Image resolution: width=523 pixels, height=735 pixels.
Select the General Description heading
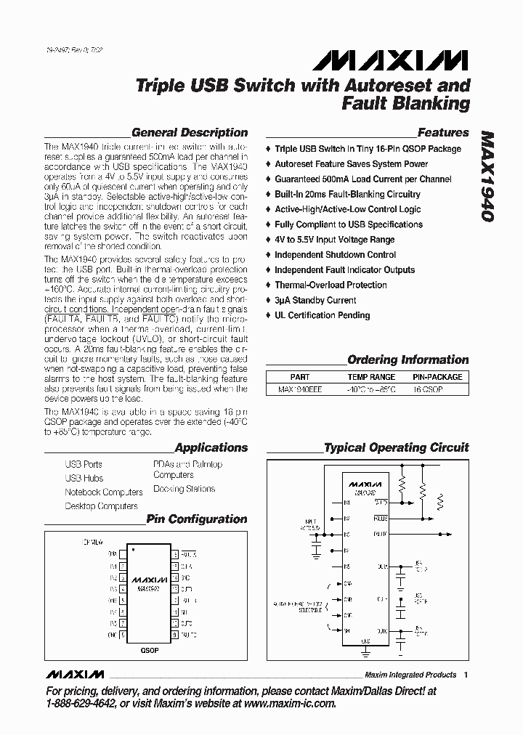(x=190, y=133)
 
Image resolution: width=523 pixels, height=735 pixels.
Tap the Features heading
(x=443, y=133)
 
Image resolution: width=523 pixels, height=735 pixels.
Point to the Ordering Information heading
(x=408, y=360)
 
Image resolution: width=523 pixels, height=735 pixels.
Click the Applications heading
(x=211, y=448)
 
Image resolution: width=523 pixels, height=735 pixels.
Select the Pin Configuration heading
(x=197, y=519)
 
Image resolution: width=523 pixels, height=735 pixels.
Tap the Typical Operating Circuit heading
(x=396, y=448)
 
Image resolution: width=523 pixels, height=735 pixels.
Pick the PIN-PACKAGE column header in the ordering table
(x=437, y=377)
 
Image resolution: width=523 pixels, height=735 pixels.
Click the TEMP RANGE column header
(x=371, y=377)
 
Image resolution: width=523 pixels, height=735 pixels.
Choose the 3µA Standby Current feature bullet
(x=315, y=300)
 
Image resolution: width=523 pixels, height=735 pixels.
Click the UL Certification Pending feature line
(x=322, y=315)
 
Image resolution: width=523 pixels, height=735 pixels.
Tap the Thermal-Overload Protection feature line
(x=331, y=285)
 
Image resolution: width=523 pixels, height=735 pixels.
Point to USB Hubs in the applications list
(x=84, y=478)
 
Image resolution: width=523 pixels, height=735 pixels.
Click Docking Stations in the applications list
(x=184, y=489)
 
